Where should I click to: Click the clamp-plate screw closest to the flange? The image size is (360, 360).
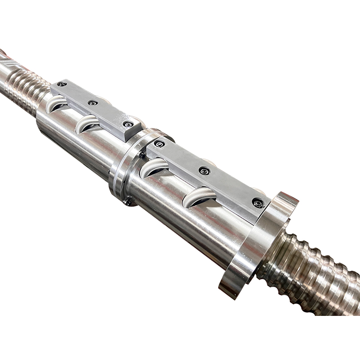pos(258,203)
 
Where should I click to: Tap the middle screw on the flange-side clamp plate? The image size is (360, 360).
pos(205,171)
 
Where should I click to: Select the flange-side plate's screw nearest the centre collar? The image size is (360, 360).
pos(159,144)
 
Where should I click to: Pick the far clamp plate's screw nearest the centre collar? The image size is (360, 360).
pos(129,124)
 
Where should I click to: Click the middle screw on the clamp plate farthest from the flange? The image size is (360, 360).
pos(93,103)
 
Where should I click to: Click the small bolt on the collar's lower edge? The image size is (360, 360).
pos(128,202)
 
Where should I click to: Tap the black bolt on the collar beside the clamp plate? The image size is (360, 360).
pos(142,155)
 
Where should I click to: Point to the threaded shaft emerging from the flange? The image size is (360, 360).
pos(315,274)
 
